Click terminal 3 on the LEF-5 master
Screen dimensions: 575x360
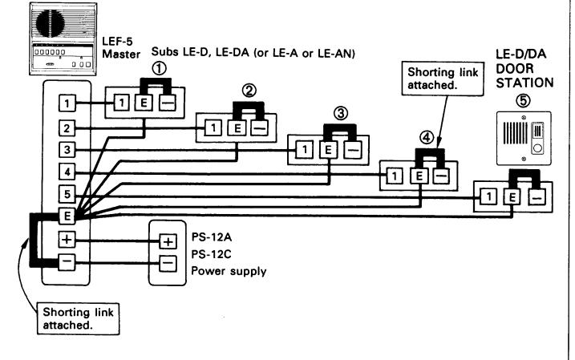(x=67, y=150)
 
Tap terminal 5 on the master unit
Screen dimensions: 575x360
(x=67, y=193)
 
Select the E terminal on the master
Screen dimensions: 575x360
(x=67, y=216)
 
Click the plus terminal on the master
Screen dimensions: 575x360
(x=67, y=240)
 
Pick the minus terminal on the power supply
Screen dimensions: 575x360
(x=168, y=264)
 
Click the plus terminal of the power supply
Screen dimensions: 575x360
(x=168, y=241)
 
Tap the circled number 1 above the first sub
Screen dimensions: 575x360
(x=159, y=69)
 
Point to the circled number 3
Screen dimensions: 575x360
(x=341, y=113)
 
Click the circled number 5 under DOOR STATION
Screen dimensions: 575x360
(x=523, y=100)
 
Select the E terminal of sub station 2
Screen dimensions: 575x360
(x=237, y=128)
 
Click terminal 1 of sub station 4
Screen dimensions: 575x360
(x=395, y=176)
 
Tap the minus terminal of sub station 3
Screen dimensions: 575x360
(x=353, y=150)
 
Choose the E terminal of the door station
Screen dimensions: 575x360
(x=512, y=197)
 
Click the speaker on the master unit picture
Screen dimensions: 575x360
(x=51, y=22)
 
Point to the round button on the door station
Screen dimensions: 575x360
(x=537, y=148)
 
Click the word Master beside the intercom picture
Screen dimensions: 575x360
(x=121, y=55)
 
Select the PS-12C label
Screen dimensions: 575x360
(x=211, y=254)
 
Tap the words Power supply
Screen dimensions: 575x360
(x=229, y=271)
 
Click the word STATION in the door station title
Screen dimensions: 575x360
(x=524, y=83)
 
